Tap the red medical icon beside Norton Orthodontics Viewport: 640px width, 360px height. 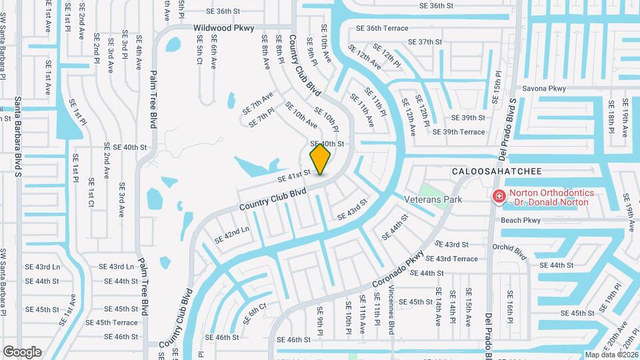pos(498,197)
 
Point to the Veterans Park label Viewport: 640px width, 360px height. pos(434,199)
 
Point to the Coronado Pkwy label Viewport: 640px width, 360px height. pos(398,268)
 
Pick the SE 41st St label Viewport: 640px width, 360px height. pos(293,175)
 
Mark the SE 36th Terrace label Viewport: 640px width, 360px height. pos(382,29)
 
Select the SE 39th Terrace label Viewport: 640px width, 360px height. pos(459,132)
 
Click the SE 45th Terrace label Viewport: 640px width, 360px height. pos(111,323)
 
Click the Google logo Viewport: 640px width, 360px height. pos(23,352)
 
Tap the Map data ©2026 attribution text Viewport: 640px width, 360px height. pos(611,355)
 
